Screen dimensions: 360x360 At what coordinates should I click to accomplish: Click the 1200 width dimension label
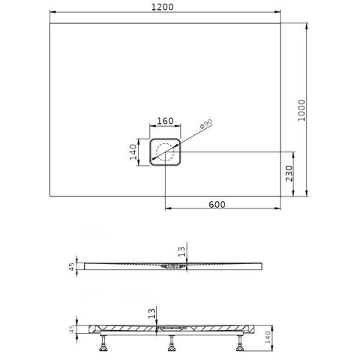tap(163, 7)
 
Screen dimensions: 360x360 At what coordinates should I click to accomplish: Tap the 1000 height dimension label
tap(301, 110)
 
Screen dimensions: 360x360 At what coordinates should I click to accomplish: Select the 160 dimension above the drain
tap(165, 121)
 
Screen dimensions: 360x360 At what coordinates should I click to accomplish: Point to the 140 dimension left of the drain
tap(133, 152)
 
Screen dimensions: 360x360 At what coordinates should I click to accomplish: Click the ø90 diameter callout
tap(206, 124)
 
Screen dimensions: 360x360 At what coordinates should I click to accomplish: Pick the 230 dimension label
tap(289, 173)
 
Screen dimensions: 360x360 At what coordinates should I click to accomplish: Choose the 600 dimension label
tap(217, 205)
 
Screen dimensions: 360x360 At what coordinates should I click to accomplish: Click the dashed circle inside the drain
tap(165, 144)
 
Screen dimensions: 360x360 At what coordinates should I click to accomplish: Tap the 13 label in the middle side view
tap(181, 251)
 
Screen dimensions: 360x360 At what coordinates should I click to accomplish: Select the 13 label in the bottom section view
tap(151, 313)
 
